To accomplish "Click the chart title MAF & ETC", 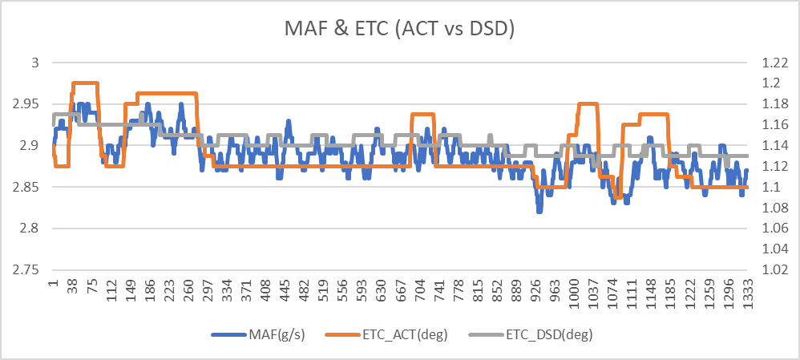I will point(399,29).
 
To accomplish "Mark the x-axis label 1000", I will point(572,297).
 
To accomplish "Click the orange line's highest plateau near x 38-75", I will point(85,83).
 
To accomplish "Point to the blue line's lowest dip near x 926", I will point(539,210).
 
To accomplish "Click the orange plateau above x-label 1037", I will point(588,103).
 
